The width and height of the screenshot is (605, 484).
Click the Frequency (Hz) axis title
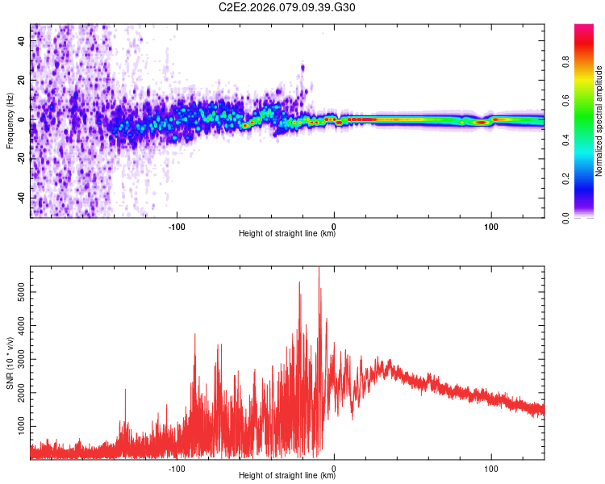[10, 121]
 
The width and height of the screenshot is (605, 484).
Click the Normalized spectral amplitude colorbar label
[599, 121]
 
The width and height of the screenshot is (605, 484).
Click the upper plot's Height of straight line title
[287, 234]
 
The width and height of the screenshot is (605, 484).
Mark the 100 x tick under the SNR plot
[490, 467]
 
